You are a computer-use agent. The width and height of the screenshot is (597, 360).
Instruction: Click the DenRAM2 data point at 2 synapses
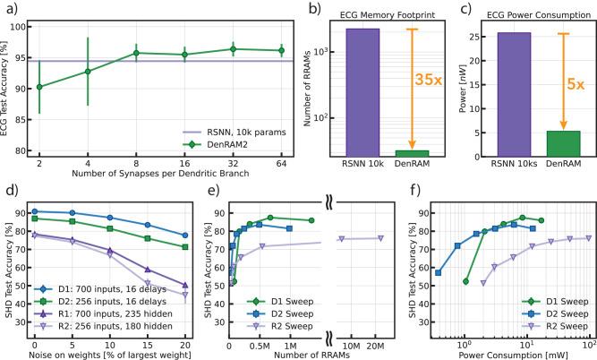coord(38,87)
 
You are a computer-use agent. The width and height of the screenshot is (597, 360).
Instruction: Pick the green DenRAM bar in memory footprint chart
coord(411,153)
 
